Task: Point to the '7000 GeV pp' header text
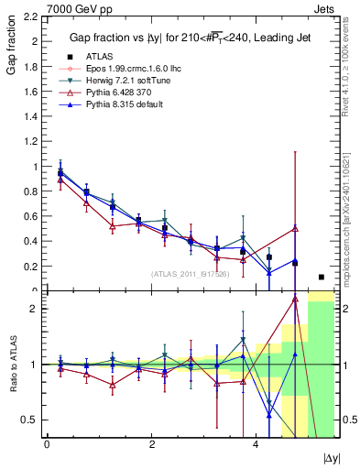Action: [x=33, y=7]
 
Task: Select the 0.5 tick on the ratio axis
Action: [x=27, y=420]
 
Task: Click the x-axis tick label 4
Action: [x=256, y=443]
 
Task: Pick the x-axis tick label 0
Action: [x=47, y=443]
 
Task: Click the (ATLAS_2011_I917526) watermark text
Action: [x=165, y=273]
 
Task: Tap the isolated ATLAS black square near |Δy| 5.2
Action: [x=321, y=277]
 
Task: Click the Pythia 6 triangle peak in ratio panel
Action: [x=295, y=298]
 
